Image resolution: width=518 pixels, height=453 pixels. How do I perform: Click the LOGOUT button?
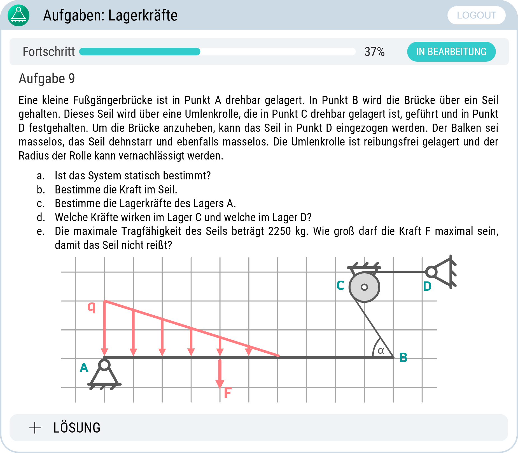(x=476, y=15)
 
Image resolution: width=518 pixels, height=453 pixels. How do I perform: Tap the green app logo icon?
(x=18, y=15)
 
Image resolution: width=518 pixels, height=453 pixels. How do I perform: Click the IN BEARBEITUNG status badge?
(x=451, y=52)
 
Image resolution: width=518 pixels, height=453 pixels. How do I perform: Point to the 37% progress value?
(x=374, y=52)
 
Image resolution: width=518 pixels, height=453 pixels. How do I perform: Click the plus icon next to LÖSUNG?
(x=35, y=428)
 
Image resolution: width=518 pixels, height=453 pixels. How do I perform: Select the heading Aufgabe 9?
(x=47, y=78)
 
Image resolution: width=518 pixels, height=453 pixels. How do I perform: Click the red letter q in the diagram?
(x=92, y=307)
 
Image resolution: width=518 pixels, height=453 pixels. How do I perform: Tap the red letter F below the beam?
(x=228, y=393)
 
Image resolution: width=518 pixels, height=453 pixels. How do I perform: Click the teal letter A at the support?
(x=84, y=368)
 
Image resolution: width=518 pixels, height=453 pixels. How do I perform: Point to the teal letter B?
(x=403, y=357)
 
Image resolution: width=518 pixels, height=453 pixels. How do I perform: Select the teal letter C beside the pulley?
(x=340, y=285)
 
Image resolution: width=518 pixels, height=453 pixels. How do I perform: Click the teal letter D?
(x=427, y=286)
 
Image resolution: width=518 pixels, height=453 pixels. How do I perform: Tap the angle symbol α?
(x=381, y=350)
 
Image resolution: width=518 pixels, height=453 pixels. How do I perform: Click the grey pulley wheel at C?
(x=364, y=287)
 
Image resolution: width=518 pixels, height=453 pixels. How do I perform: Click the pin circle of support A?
(x=104, y=365)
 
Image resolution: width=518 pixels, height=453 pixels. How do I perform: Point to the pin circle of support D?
(x=431, y=272)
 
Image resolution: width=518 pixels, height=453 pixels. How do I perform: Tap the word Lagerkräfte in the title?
(x=143, y=15)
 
